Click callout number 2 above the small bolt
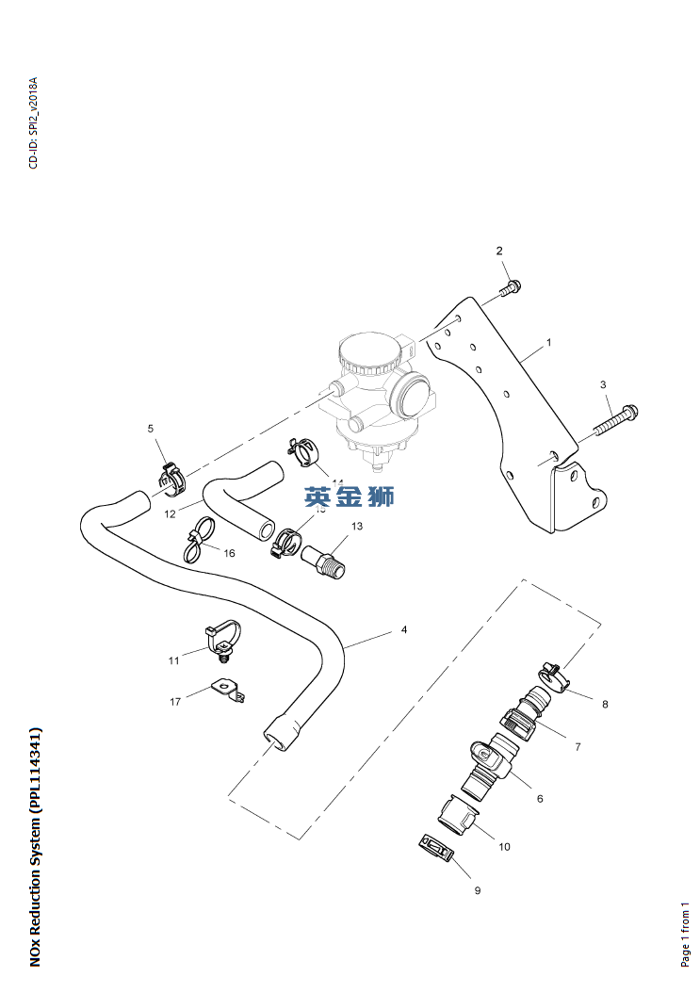(500, 251)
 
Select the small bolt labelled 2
(510, 287)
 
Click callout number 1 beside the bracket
(548, 343)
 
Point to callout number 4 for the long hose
(404, 629)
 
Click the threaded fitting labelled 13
(325, 564)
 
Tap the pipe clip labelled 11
(220, 638)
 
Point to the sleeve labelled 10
(459, 816)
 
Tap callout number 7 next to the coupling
(578, 747)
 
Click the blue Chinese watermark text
(349, 497)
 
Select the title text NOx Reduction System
(35, 845)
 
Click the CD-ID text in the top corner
(34, 122)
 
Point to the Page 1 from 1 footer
(686, 933)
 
